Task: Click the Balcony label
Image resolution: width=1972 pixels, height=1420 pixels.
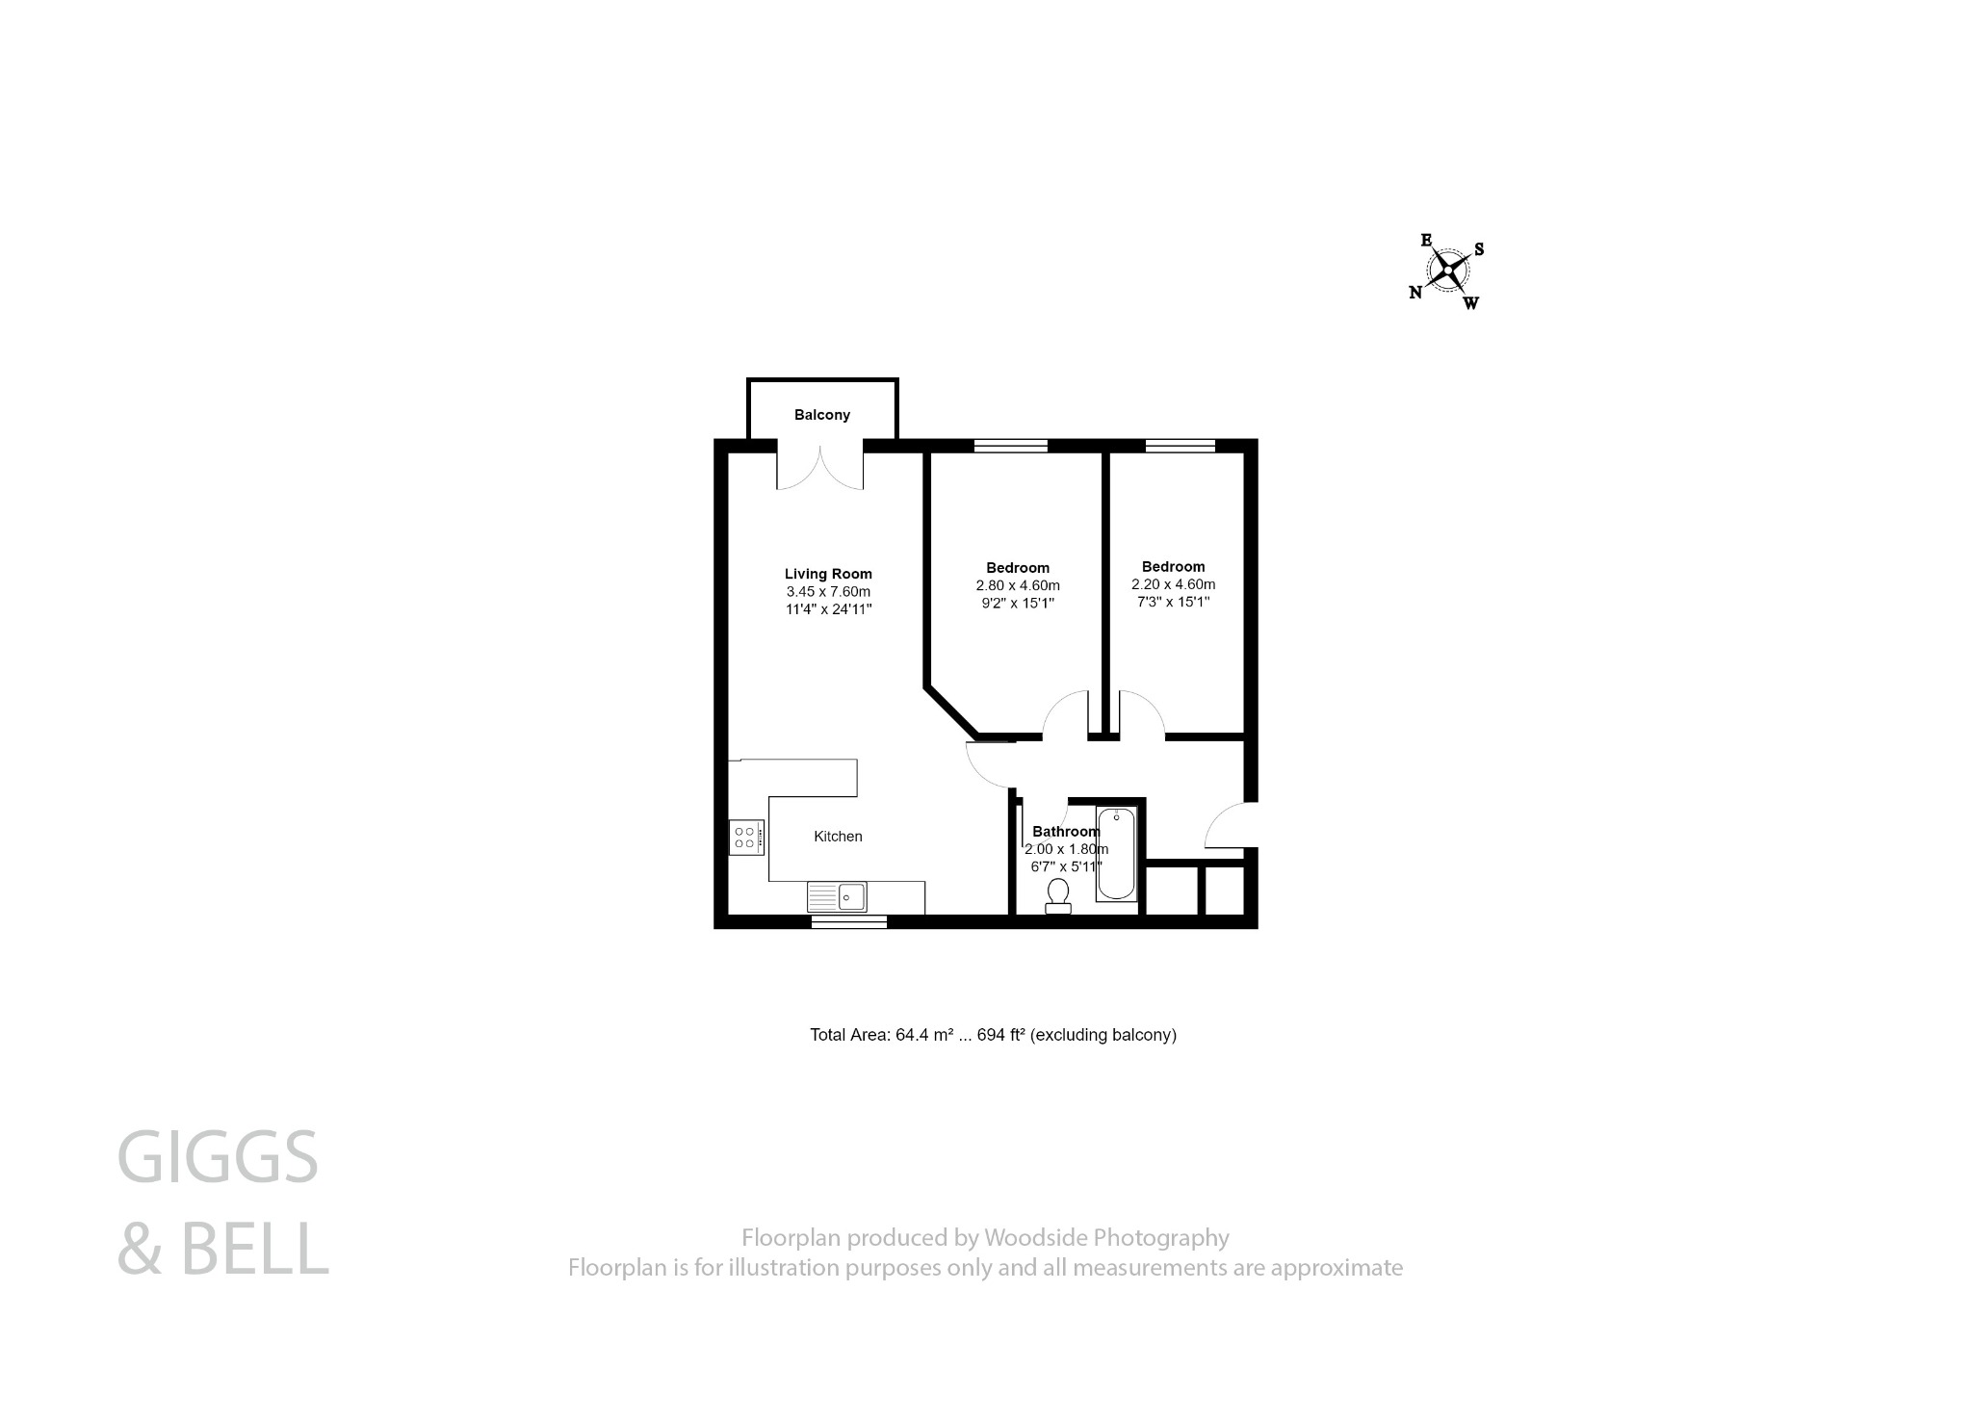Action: click(821, 415)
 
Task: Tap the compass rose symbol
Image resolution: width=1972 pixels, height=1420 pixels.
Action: click(1447, 271)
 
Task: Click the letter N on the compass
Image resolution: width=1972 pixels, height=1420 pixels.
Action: click(1415, 293)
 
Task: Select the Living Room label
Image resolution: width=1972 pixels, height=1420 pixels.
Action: click(828, 574)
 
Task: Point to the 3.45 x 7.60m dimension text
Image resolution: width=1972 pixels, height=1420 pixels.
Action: click(828, 591)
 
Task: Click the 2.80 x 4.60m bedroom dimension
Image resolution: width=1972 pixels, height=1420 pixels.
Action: click(1018, 585)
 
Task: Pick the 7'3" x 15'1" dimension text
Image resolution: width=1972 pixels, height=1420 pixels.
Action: click(1173, 602)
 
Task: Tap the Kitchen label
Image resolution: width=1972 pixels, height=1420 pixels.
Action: click(838, 837)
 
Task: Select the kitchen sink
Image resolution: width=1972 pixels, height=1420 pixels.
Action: click(838, 897)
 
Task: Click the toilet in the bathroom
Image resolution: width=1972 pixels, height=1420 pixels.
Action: click(1058, 896)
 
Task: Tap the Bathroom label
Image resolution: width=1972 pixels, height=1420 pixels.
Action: click(1065, 831)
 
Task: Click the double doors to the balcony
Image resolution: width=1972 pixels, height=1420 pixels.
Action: click(820, 467)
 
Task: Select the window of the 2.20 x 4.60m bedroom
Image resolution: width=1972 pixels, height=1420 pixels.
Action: click(1180, 445)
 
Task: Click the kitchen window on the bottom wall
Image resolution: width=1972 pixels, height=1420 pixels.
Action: click(848, 922)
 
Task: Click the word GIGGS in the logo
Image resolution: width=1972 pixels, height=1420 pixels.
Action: click(218, 1158)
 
